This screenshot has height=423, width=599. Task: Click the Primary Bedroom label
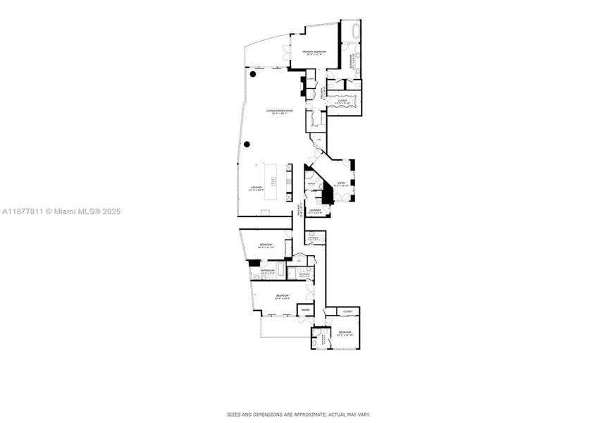[314, 52]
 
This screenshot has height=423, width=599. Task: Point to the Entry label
[341, 183]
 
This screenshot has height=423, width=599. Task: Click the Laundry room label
[314, 209]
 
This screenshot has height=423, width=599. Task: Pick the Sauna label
[305, 309]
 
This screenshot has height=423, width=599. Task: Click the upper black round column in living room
[252, 73]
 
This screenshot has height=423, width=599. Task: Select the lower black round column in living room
[247, 144]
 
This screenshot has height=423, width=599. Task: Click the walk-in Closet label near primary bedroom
[342, 100]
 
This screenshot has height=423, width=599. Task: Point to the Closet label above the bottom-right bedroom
[347, 311]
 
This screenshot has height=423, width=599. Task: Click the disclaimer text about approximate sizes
[298, 415]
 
